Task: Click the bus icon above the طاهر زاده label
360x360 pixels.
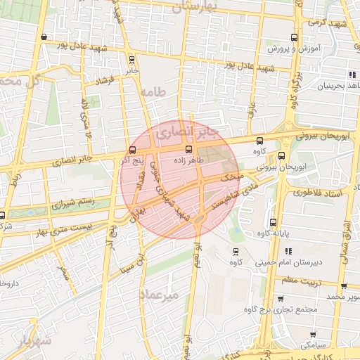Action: [188, 149]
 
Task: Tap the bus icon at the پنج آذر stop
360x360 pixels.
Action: [133, 150]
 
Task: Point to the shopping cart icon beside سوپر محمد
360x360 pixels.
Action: [343, 286]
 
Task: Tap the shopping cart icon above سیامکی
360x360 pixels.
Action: [312, 334]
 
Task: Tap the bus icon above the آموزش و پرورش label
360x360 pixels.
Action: [293, 38]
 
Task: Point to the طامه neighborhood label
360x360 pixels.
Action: [151, 92]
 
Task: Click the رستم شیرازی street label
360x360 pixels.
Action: [73, 205]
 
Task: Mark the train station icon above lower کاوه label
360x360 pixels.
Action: [233, 250]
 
